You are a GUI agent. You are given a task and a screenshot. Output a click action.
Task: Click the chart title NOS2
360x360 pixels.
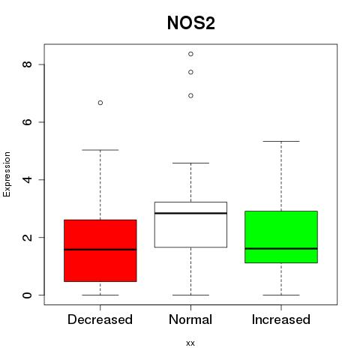point(191,23)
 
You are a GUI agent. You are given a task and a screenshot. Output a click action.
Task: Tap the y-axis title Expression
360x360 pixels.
point(7,174)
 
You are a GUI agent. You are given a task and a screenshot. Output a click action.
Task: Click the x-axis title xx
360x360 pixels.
point(190,343)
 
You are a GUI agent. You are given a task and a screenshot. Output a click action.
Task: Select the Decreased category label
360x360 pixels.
point(100,319)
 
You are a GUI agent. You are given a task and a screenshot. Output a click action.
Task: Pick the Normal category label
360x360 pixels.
point(190,319)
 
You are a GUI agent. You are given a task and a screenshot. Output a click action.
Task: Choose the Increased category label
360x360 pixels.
point(281,319)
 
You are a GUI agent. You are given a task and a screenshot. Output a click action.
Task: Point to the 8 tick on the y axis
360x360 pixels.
point(27,64)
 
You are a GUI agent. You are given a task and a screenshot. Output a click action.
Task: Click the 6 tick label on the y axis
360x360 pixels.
point(27,122)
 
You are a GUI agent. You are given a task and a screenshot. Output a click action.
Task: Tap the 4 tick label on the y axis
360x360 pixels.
point(27,179)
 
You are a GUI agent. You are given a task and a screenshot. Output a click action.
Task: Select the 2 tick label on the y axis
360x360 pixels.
point(27,237)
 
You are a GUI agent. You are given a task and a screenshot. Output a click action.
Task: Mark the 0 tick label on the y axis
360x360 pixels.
point(27,295)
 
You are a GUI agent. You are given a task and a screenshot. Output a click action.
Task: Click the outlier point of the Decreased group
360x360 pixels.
point(100,103)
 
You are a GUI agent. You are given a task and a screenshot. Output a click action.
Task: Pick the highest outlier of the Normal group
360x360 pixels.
point(190,54)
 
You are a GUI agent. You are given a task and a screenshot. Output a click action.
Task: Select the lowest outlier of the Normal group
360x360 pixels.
point(190,95)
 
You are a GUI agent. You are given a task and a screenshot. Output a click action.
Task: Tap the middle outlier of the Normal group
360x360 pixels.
point(190,72)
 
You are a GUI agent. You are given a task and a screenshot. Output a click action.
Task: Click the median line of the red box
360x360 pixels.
point(100,250)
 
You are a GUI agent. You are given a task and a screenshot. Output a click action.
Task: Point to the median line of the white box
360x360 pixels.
point(190,213)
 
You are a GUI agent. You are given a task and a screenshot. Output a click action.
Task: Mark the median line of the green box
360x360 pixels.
point(281,248)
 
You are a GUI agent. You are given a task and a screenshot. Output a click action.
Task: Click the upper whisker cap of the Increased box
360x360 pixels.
point(281,141)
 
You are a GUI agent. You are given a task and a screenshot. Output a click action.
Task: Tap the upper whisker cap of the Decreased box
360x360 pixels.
point(100,150)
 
